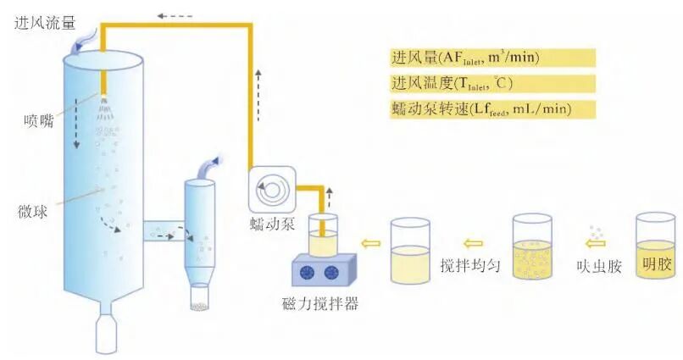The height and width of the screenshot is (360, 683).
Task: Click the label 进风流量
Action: click(43, 23)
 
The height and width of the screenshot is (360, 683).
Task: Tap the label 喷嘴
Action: click(38, 120)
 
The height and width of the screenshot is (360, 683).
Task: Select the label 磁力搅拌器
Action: click(322, 303)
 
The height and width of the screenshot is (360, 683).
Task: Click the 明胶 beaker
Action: click(656, 250)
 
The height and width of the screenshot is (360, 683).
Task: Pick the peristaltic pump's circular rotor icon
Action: click(273, 190)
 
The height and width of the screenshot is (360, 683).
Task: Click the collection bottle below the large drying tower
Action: click(106, 335)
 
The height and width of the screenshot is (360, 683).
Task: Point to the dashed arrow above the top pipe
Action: click(175, 14)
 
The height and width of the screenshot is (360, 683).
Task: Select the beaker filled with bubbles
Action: click(532, 249)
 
